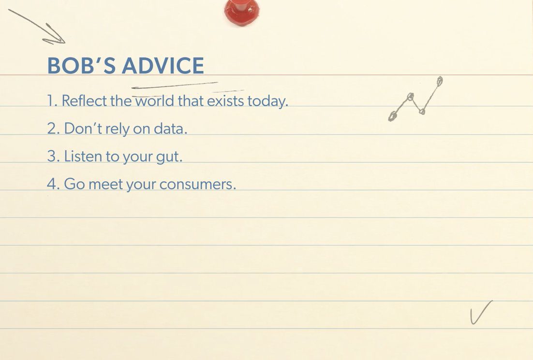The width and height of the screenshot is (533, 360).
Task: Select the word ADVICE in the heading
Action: coord(163,66)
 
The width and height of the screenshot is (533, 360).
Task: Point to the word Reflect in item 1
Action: coord(84,101)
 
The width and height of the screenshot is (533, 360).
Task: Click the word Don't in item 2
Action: coord(83,129)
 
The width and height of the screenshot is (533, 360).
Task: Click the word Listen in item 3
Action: coord(83,156)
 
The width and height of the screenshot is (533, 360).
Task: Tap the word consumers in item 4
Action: coord(197,185)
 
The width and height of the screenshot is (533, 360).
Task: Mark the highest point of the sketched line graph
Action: coord(440,81)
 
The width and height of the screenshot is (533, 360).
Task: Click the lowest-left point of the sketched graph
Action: coord(392,116)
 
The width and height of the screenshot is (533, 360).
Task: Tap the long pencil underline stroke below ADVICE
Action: coord(175,85)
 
